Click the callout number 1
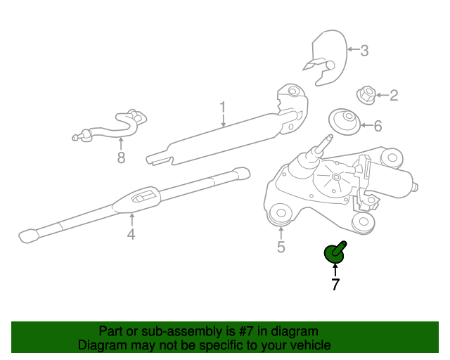click(223, 108)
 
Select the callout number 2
click(394, 96)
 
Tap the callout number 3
click(364, 50)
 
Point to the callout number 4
click(131, 234)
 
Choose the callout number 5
click(281, 247)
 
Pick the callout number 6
click(378, 126)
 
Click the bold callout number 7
click(335, 284)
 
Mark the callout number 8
click(122, 157)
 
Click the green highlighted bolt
click(335, 252)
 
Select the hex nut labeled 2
click(366, 95)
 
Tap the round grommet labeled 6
click(345, 122)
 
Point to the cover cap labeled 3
click(327, 58)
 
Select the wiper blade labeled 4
click(134, 205)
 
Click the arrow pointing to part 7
click(335, 271)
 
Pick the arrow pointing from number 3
click(354, 49)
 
